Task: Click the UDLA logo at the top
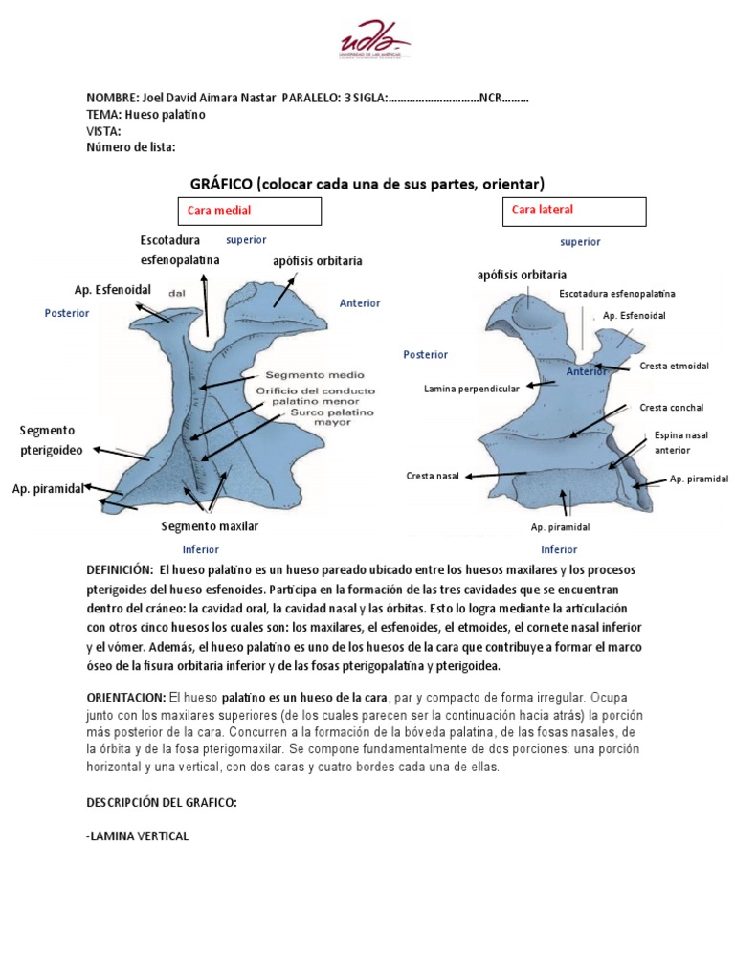374,44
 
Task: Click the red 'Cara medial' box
248,211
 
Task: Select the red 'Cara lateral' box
574,211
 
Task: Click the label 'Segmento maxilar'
210,526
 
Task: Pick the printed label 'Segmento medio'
307,375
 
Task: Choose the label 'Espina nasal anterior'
680,441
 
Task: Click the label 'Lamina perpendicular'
472,389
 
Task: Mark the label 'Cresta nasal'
433,475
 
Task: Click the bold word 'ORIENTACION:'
125,697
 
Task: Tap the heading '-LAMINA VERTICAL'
138,836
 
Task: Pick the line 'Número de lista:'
130,147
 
